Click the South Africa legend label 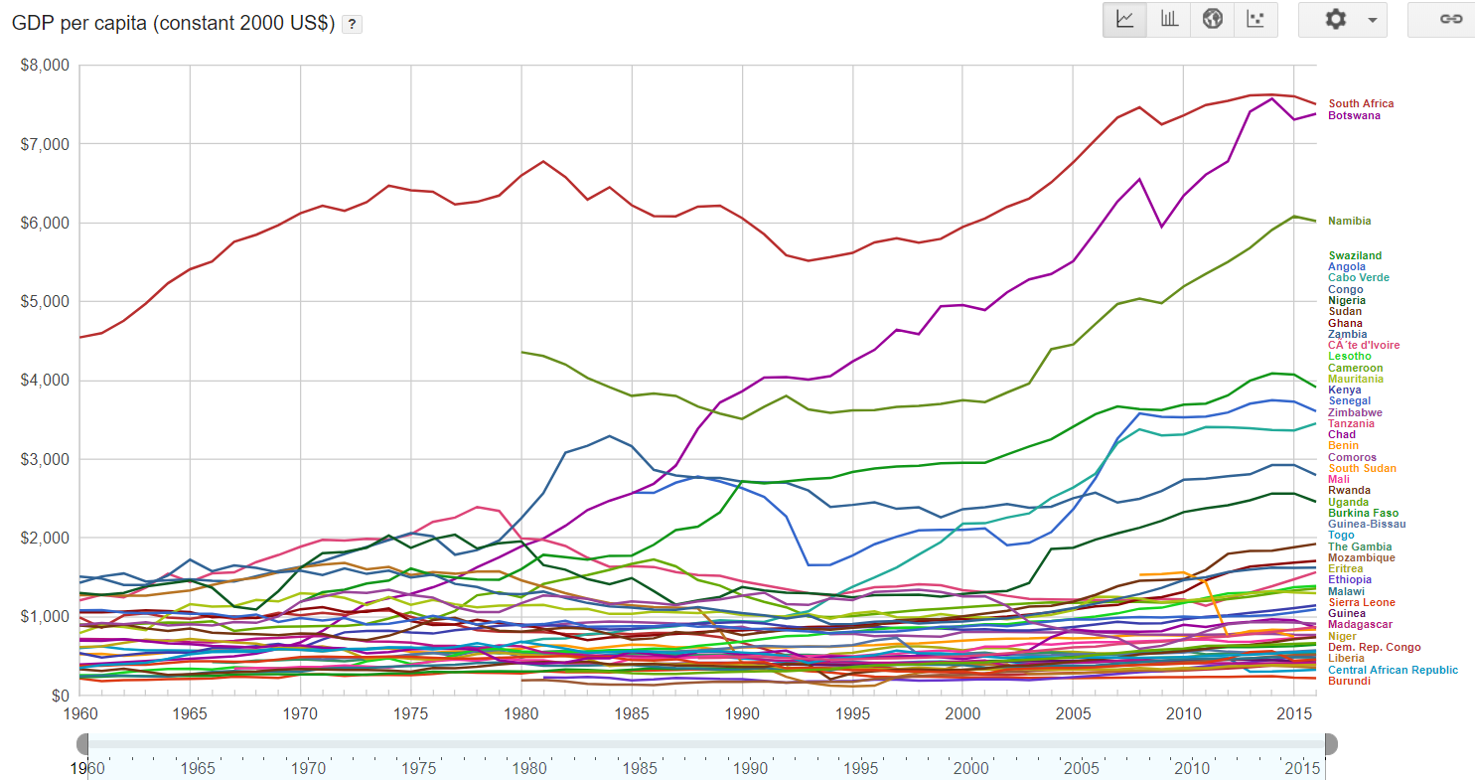click(x=1361, y=103)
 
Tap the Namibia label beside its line click(x=1350, y=221)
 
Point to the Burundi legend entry click(x=1349, y=682)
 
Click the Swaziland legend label click(x=1355, y=256)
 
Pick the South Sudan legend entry click(x=1362, y=469)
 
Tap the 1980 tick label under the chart click(x=521, y=713)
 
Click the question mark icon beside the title click(x=352, y=25)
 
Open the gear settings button click(x=1342, y=20)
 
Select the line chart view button click(x=1125, y=20)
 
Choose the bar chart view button click(x=1169, y=20)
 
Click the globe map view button click(x=1212, y=20)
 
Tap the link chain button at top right click(x=1451, y=20)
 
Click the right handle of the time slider click(x=1330, y=744)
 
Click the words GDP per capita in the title click(x=78, y=24)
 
